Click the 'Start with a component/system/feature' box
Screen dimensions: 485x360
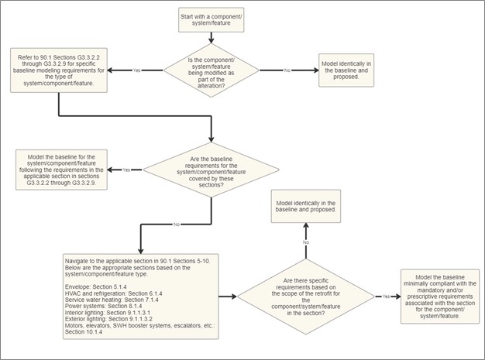(212, 20)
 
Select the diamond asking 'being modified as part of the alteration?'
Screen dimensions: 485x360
(212, 70)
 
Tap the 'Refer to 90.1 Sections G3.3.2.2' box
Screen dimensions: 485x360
(59, 70)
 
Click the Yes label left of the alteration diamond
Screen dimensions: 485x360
(136, 70)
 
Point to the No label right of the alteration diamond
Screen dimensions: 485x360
(287, 70)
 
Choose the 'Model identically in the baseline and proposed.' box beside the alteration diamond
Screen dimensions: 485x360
(346, 70)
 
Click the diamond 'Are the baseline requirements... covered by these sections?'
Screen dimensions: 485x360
(212, 170)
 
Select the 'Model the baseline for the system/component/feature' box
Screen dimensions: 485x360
(61, 170)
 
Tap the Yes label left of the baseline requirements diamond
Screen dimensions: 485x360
(126, 170)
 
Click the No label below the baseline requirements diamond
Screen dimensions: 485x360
(177, 225)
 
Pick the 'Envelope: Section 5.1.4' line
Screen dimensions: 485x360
(95, 286)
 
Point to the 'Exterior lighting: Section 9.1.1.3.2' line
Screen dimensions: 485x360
(108, 319)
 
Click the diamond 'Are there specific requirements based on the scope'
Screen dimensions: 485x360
(306, 297)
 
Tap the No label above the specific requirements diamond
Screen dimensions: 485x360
(306, 242)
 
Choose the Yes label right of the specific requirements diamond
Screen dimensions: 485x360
(386, 297)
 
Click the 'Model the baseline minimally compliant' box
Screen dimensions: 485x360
(440, 297)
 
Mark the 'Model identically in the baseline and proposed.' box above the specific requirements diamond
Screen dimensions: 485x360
(306, 206)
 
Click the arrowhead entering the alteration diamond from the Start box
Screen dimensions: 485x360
(212, 40)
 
